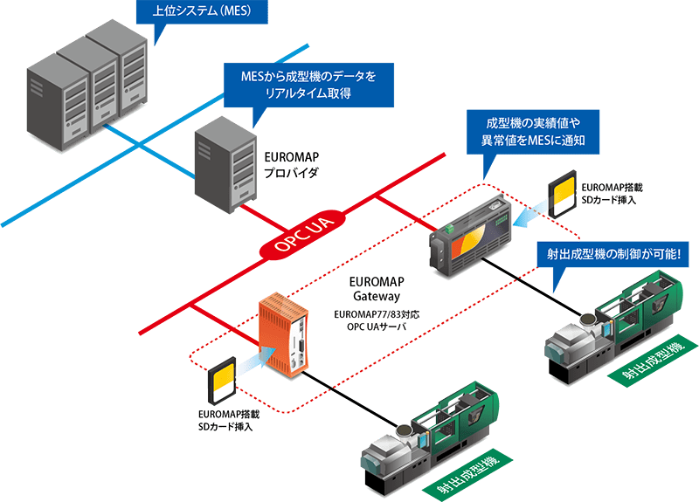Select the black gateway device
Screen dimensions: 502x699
point(468,234)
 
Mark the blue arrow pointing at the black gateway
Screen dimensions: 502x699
point(528,216)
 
